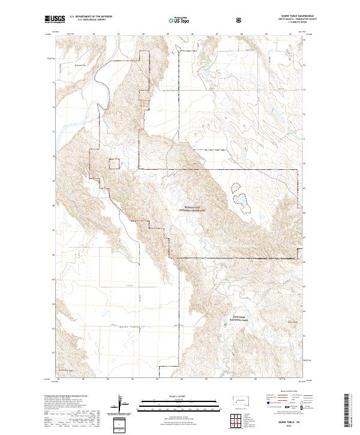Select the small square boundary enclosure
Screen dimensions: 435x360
coord(115,164)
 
